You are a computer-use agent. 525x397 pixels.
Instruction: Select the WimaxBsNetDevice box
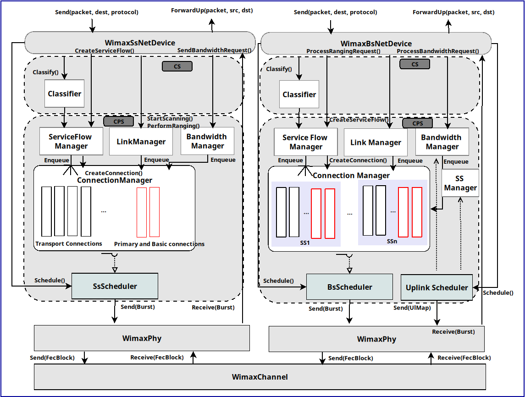[x=376, y=43]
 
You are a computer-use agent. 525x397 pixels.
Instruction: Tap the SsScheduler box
[x=115, y=286]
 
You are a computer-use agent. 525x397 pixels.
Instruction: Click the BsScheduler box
[x=349, y=287]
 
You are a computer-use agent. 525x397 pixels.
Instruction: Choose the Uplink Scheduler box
[x=437, y=287]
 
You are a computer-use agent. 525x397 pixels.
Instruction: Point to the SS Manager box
[x=460, y=183]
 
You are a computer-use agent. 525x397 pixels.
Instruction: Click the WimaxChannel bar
[x=260, y=377]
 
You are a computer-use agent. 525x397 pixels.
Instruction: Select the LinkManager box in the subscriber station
[x=141, y=142]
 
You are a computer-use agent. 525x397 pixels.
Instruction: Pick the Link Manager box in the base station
[x=376, y=143]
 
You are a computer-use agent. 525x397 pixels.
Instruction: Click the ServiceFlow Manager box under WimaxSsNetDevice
[x=71, y=141]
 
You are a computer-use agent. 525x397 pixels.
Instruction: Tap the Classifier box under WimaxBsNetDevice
[x=299, y=94]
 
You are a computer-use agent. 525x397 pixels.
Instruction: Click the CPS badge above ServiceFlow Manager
[x=118, y=121]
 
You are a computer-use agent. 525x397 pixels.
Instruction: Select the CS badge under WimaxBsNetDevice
[x=414, y=64]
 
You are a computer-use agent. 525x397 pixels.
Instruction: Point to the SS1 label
[x=305, y=242]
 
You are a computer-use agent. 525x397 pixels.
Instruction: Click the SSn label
[x=392, y=241]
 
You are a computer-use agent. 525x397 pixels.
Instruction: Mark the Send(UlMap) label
[x=412, y=308]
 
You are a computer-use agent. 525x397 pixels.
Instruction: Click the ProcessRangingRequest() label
[x=343, y=51]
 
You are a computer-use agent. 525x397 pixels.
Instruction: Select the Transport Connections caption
[x=69, y=243]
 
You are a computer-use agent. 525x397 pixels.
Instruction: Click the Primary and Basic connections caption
[x=159, y=244]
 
